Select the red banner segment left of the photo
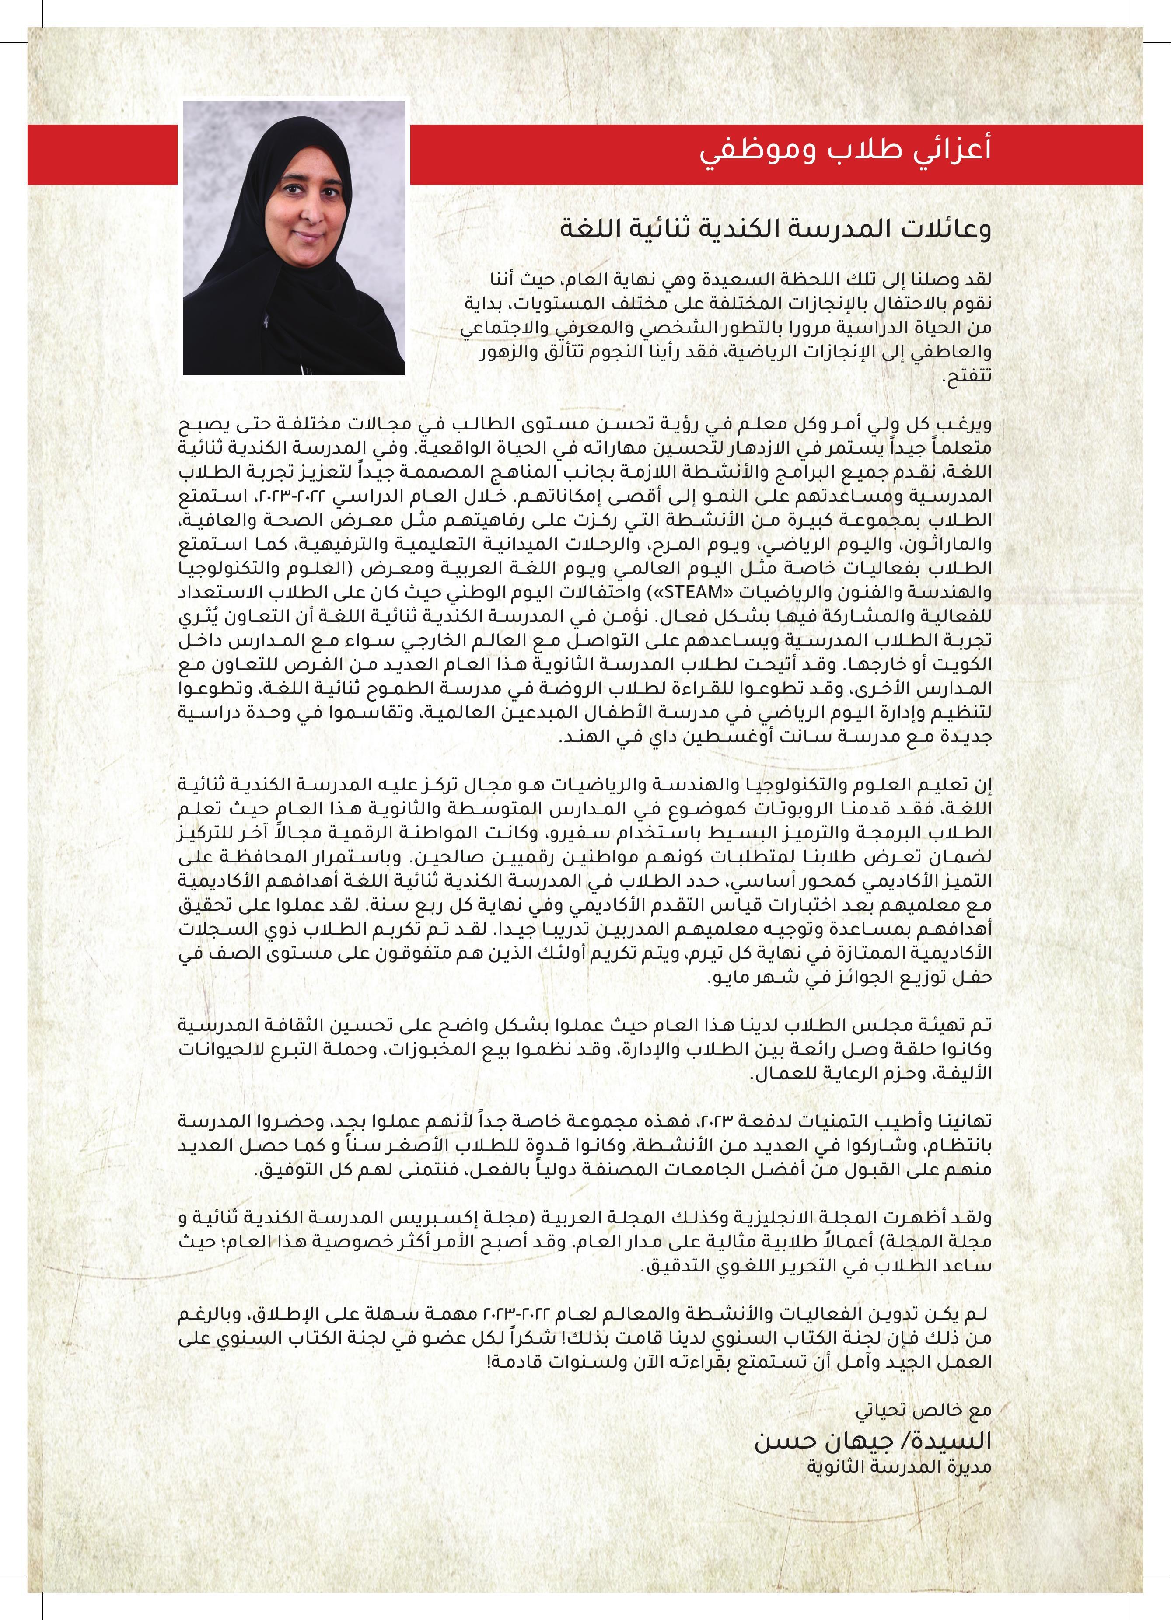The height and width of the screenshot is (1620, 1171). coord(102,154)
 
